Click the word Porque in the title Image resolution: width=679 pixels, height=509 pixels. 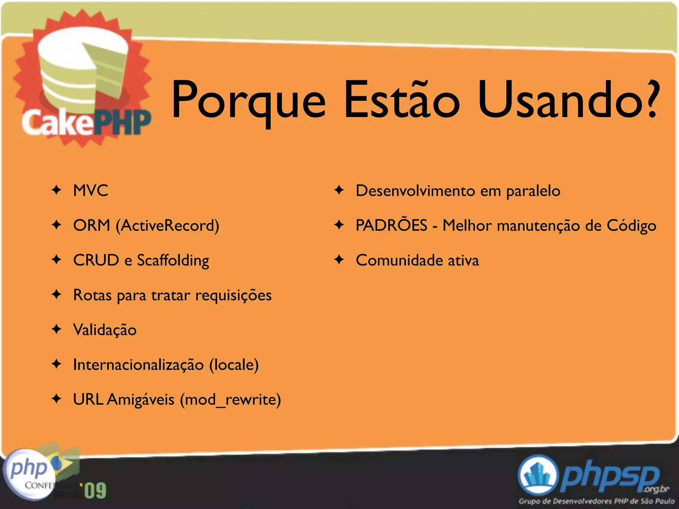click(249, 99)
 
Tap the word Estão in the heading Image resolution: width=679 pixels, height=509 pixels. click(402, 99)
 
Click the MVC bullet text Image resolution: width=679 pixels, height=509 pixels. click(91, 191)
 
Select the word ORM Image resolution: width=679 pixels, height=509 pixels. click(92, 225)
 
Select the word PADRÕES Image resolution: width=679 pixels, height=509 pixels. click(391, 225)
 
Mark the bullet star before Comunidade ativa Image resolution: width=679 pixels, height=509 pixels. click(339, 259)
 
